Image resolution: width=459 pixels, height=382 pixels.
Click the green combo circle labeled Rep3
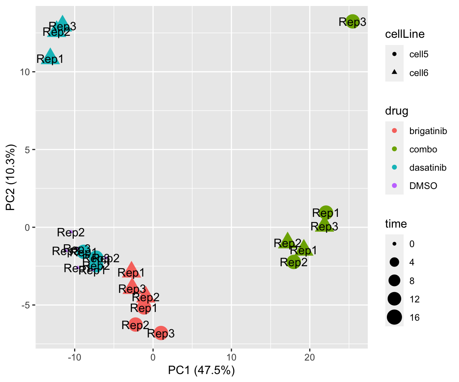(353, 21)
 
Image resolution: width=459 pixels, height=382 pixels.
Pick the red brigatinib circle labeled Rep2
(135, 324)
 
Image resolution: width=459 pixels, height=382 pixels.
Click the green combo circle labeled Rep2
(294, 261)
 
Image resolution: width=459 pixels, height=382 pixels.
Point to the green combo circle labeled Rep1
(326, 212)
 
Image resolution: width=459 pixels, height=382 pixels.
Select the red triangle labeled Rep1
(132, 271)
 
